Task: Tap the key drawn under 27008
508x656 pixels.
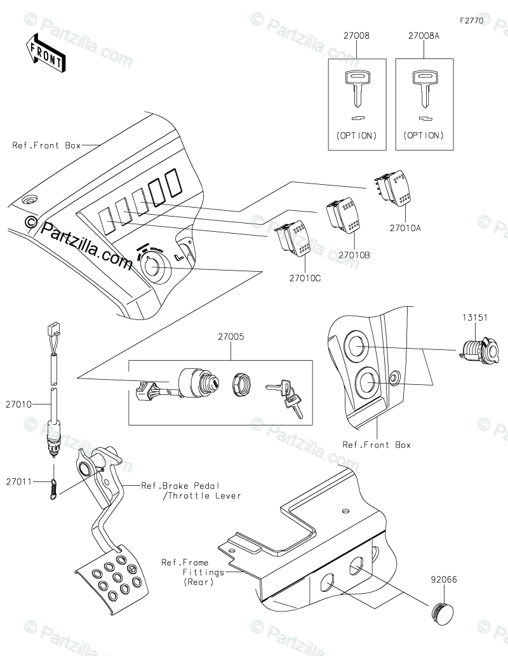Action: [x=356, y=88]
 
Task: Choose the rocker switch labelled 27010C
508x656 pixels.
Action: [x=292, y=239]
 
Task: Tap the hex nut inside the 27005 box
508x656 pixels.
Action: [x=241, y=384]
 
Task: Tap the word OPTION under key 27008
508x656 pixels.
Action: [x=356, y=135]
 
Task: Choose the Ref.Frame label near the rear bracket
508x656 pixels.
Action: [x=180, y=562]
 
